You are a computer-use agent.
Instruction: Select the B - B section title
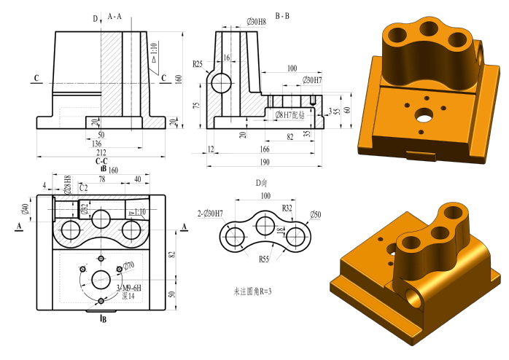pos(282,15)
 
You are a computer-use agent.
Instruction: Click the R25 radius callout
pos(198,64)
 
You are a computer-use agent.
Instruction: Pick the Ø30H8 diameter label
pos(256,23)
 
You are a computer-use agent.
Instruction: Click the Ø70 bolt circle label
pos(128,266)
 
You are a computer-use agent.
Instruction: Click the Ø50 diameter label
pos(315,214)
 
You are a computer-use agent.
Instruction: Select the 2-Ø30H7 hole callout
pos(209,213)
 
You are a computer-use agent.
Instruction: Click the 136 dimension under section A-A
pos(96,144)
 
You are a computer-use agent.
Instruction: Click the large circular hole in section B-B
pos(221,83)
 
